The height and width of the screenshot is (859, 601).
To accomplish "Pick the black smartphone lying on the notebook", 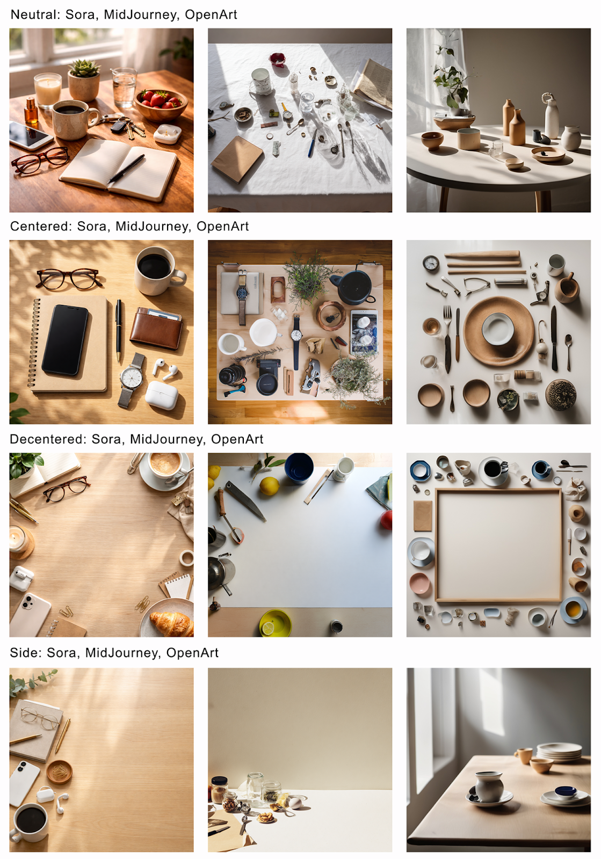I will click(65, 339).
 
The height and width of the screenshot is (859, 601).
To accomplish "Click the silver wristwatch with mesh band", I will click(131, 378).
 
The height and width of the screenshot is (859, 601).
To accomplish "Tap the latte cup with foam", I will click(165, 465).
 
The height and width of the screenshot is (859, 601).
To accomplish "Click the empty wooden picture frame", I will click(498, 545).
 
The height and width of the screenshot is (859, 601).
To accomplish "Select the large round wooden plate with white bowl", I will click(498, 331).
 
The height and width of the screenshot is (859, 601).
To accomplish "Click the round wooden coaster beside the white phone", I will click(59, 771).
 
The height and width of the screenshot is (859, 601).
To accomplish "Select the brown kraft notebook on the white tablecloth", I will click(237, 158).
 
